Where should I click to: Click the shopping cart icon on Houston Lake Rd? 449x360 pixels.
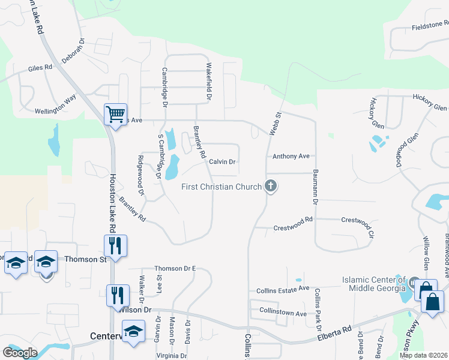(115, 113)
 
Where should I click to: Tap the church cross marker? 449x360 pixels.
(271, 186)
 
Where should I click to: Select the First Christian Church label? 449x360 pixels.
(221, 187)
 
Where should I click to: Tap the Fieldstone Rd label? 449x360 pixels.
(430, 26)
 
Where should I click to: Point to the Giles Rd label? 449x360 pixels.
(40, 69)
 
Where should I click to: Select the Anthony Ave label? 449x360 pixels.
(291, 157)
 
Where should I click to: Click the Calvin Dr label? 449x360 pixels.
(222, 162)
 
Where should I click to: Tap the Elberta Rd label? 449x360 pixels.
(334, 334)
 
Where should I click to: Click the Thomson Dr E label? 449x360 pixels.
(175, 268)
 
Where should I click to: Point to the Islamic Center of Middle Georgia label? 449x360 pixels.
(373, 284)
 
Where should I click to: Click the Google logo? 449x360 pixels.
(20, 352)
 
